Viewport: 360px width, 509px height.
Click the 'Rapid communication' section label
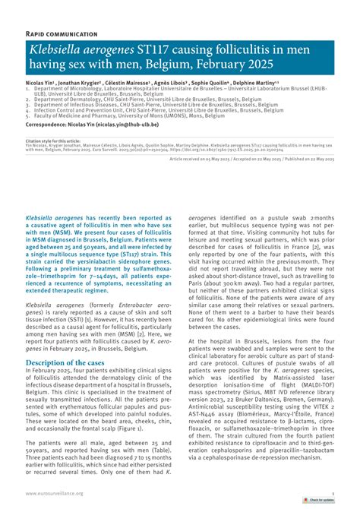click(x=62, y=34)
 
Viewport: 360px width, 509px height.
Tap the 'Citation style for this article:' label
click(x=53, y=141)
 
